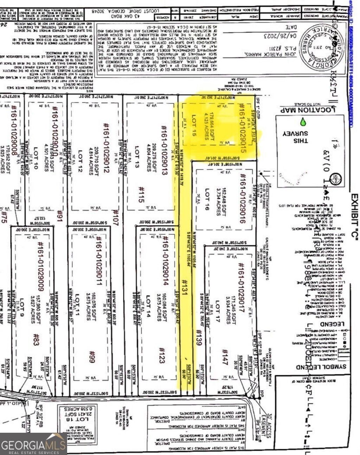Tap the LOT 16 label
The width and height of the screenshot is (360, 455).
[x=207, y=200]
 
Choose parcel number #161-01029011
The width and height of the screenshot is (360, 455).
[x=97, y=261]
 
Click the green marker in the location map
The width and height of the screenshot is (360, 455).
[x=303, y=122]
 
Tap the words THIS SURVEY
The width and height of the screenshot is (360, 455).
[x=296, y=137]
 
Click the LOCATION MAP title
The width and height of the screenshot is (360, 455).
[x=306, y=110]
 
